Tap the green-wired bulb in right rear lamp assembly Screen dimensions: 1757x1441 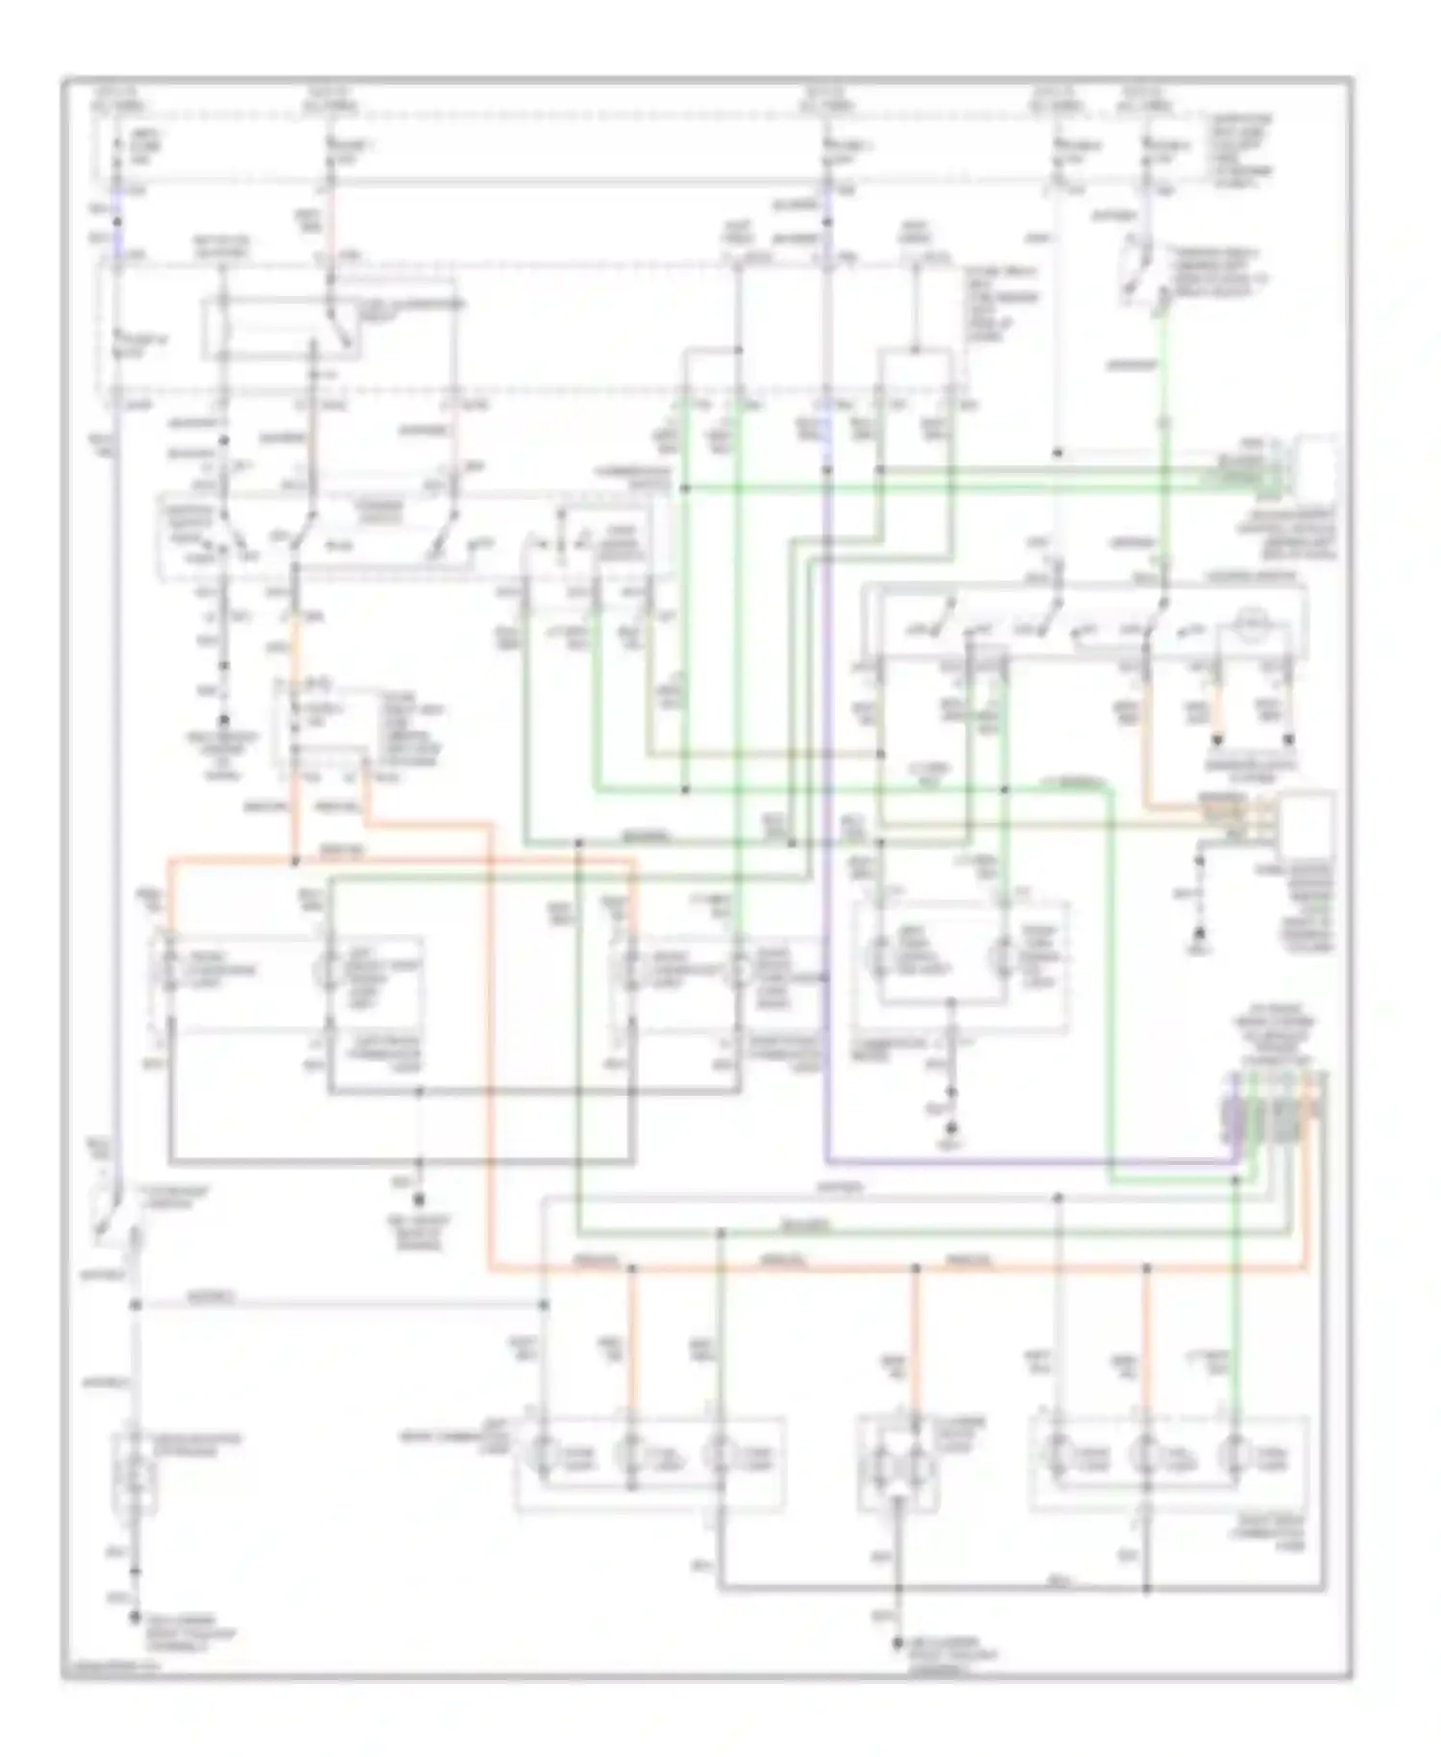pyautogui.click(x=1234, y=1456)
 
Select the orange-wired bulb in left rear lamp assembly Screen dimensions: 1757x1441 pyautogui.click(x=631, y=1456)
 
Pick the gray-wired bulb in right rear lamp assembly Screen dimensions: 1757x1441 pyautogui.click(x=1059, y=1456)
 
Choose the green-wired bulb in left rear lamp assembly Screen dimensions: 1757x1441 pyautogui.click(x=720, y=1456)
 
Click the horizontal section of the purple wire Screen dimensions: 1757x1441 pyautogui.click(x=1028, y=1163)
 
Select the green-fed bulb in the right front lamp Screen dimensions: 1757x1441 pyautogui.click(x=738, y=971)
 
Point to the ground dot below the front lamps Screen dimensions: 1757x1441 pyautogui.click(x=419, y=1199)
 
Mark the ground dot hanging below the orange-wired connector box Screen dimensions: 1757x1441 pyautogui.click(x=1199, y=934)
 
